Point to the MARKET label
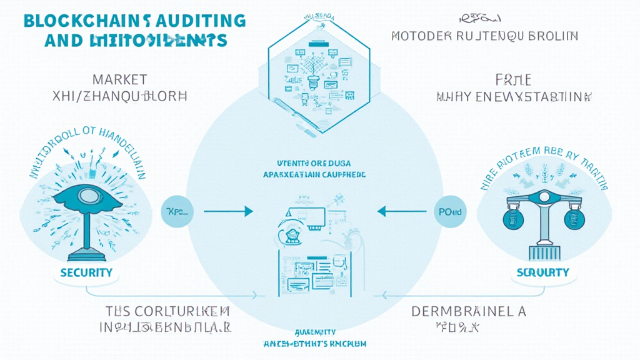119,79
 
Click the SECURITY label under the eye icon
86,272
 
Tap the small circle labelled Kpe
178,212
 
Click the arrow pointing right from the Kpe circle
229,212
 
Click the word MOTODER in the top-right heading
415,36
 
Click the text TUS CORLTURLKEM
167,311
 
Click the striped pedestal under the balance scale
542,252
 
